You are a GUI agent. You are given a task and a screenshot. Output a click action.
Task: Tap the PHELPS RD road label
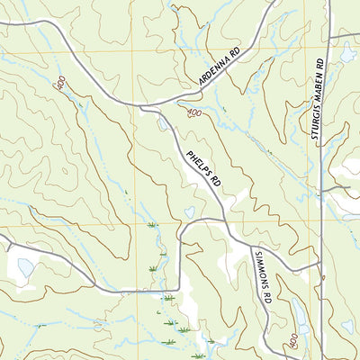click(203, 167)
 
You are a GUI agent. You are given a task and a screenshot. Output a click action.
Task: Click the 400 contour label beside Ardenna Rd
click(194, 113)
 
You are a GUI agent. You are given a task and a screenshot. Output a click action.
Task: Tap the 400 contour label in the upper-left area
click(60, 84)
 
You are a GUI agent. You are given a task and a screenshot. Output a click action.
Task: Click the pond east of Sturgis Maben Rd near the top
click(347, 55)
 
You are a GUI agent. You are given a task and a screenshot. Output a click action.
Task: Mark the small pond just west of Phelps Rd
click(189, 212)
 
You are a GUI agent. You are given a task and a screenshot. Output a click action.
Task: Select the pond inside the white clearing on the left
click(25, 267)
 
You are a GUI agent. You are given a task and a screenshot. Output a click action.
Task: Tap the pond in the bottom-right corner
click(347, 327)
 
